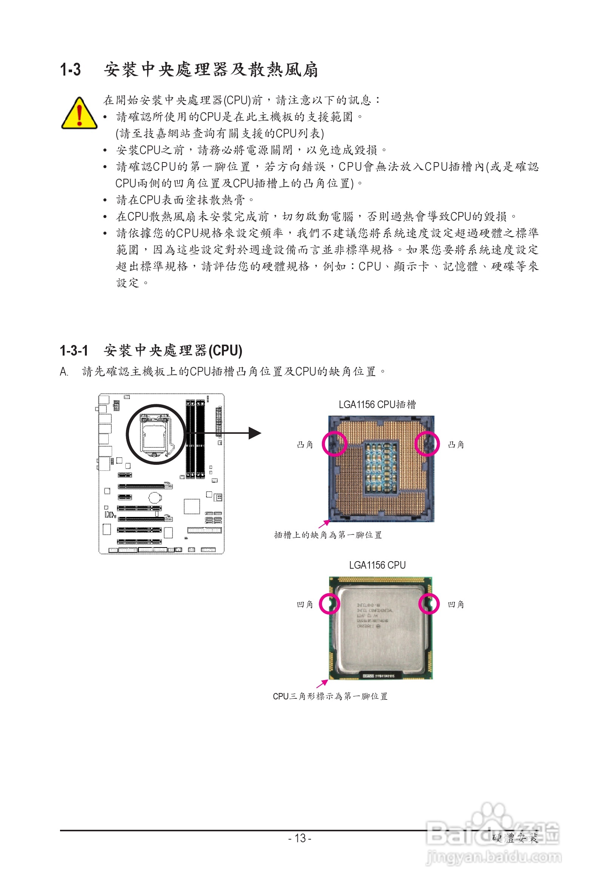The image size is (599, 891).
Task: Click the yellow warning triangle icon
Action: (x=79, y=114)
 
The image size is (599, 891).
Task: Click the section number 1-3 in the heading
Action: (x=70, y=70)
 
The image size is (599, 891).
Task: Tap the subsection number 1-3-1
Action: (x=74, y=350)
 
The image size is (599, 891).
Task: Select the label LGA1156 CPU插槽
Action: (x=377, y=405)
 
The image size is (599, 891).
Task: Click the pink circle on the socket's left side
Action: (x=334, y=444)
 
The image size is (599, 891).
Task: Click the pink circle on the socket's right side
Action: (x=427, y=444)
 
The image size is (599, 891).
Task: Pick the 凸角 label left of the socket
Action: (x=305, y=444)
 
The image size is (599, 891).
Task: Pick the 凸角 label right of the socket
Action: (x=456, y=444)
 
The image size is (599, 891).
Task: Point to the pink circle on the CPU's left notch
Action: (x=329, y=604)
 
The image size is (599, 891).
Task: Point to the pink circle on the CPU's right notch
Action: (x=429, y=604)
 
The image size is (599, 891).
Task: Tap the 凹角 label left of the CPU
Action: (x=305, y=604)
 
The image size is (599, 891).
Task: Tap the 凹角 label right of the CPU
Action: (x=456, y=604)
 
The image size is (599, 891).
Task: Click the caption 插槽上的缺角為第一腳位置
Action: (x=328, y=535)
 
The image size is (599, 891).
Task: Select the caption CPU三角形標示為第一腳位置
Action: (x=330, y=696)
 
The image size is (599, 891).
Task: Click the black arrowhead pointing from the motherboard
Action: (x=254, y=433)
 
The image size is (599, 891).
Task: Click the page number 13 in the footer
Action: (x=300, y=838)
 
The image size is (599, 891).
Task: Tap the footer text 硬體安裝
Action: (x=514, y=838)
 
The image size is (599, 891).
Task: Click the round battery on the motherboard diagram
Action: (x=155, y=497)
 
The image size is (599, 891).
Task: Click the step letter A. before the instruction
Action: (x=64, y=372)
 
